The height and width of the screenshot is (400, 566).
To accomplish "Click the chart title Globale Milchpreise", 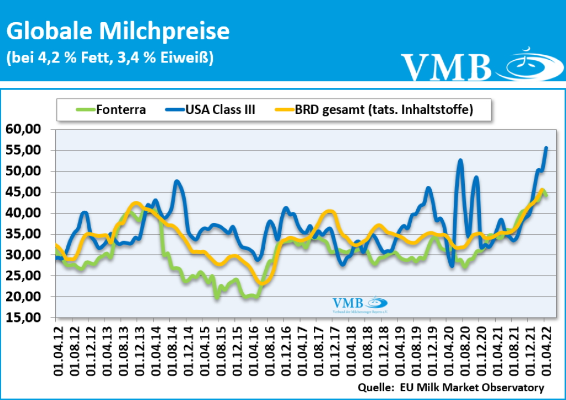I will pos(118,32).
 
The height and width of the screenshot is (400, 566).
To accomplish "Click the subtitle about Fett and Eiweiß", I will pos(109,58).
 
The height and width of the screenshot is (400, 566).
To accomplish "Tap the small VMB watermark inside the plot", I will pos(359,304).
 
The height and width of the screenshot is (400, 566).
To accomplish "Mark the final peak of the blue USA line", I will pos(546,148).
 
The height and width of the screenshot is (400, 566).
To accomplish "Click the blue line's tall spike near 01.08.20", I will pos(460,160).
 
